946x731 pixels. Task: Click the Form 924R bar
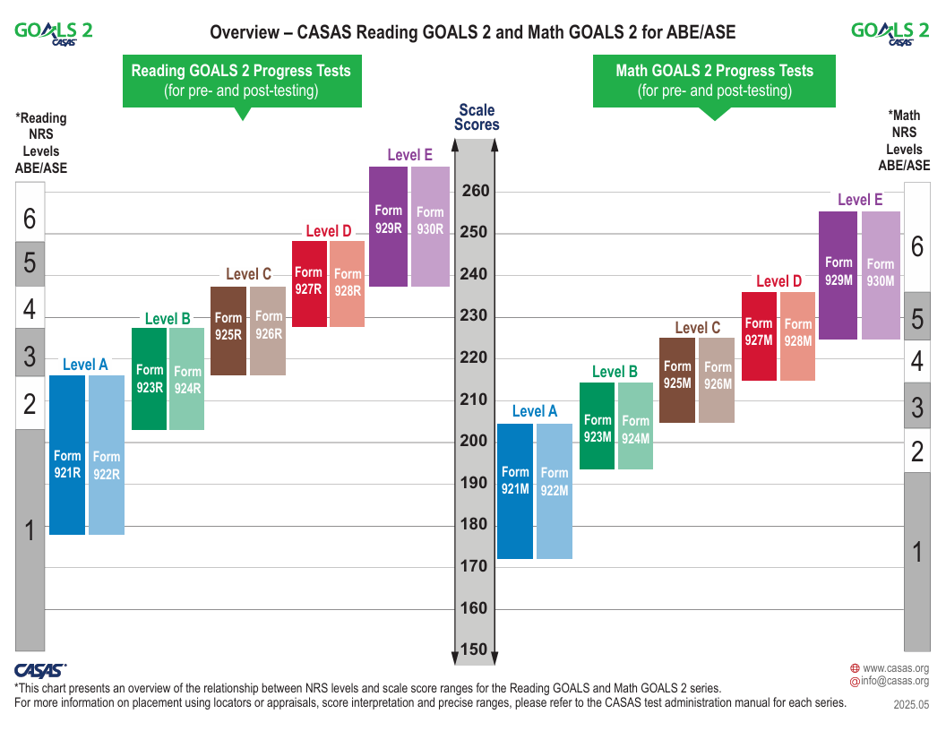click(x=187, y=379)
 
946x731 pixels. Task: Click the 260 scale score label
click(x=475, y=191)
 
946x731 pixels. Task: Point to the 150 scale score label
click(x=475, y=649)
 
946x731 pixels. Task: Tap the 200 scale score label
click(x=475, y=441)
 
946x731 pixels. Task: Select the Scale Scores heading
click(x=477, y=117)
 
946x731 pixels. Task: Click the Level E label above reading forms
click(x=409, y=155)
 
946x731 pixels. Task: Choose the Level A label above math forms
click(x=535, y=411)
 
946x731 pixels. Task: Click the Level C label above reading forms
click(x=248, y=274)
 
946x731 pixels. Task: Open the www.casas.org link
click(x=895, y=668)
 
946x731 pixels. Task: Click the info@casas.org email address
click(x=895, y=682)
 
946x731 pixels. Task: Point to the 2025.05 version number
click(x=911, y=705)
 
